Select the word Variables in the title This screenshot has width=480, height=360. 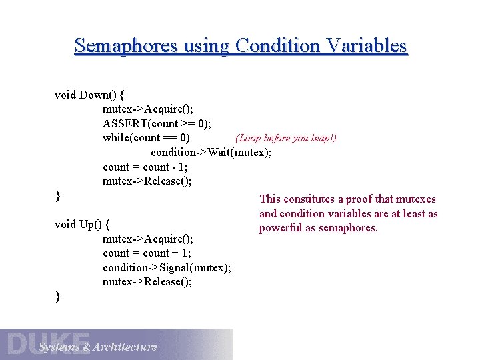click(x=366, y=46)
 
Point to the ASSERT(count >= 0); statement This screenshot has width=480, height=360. click(x=157, y=123)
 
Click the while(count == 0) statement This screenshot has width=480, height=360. click(x=146, y=138)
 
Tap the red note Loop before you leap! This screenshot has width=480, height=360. click(x=286, y=138)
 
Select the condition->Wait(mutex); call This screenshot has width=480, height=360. click(x=211, y=153)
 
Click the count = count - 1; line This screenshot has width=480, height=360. click(x=145, y=167)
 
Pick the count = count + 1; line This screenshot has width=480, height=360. click(x=147, y=253)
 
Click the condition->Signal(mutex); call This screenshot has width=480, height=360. click(x=167, y=267)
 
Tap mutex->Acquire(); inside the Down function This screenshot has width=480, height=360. click(x=148, y=109)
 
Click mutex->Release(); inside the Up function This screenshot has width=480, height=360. click(x=147, y=282)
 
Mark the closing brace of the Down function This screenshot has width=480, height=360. click(x=58, y=196)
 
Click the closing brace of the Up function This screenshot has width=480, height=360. click(x=58, y=297)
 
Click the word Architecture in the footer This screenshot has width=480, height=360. click(x=125, y=347)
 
